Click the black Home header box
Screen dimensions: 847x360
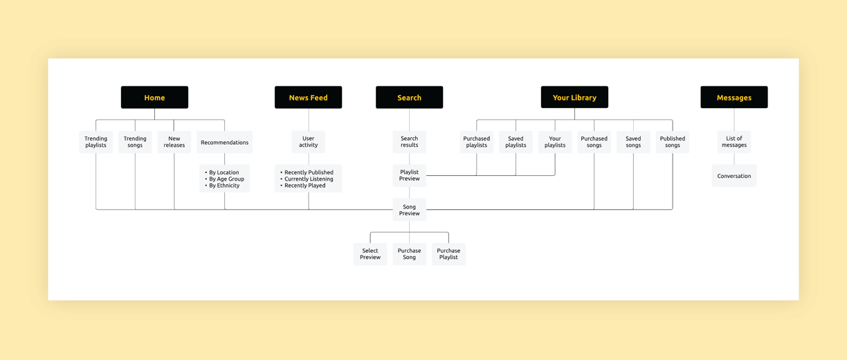click(154, 97)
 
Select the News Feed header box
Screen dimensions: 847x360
click(308, 97)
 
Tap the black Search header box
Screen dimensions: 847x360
click(409, 97)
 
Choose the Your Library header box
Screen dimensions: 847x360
click(574, 97)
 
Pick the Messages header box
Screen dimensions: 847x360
click(734, 97)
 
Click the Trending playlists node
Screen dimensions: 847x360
click(95, 142)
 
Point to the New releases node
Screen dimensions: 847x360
click(174, 142)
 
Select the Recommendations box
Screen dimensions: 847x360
click(225, 142)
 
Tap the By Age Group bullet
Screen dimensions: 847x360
click(225, 179)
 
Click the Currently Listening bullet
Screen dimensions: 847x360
click(307, 179)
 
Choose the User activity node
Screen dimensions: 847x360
click(308, 142)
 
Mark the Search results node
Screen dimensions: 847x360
click(409, 142)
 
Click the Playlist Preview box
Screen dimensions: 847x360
click(409, 175)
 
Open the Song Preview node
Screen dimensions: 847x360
click(409, 210)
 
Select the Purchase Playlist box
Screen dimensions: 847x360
click(448, 254)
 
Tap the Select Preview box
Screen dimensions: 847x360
click(370, 254)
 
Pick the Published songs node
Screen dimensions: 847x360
click(673, 142)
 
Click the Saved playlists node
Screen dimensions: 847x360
click(516, 142)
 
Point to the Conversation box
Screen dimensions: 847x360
click(734, 175)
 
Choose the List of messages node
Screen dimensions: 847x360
click(734, 142)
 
